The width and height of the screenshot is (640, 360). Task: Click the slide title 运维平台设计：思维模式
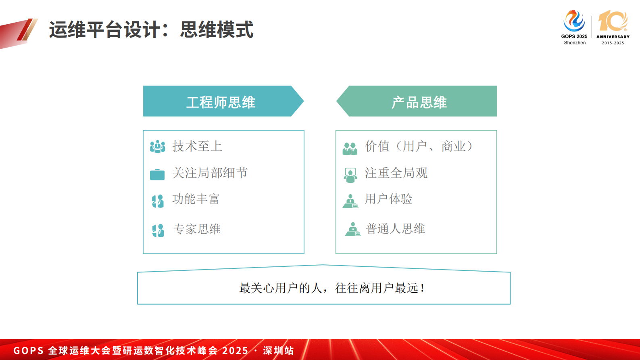151,30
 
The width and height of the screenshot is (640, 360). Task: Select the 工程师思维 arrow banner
221,102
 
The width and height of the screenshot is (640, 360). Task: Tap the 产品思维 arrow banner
419,102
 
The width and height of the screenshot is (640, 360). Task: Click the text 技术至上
197,146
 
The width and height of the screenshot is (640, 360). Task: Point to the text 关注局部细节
210,173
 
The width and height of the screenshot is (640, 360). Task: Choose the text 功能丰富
196,199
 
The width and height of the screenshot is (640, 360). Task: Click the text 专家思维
197,229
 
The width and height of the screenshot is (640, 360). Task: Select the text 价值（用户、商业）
419,146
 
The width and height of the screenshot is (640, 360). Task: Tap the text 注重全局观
396,173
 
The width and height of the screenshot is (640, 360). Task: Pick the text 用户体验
388,199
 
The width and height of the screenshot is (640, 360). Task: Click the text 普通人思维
395,229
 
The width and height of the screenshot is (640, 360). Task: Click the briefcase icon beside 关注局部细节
157,174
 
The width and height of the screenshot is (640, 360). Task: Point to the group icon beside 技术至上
157,147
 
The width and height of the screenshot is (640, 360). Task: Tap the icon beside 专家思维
158,230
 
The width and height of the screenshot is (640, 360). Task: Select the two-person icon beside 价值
350,149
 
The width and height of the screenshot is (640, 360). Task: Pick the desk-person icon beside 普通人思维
353,229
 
